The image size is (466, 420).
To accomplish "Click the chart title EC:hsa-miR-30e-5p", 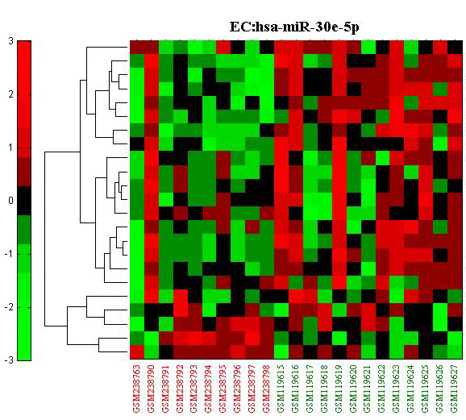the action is point(294,27).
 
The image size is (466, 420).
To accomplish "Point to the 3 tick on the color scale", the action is point(11,41).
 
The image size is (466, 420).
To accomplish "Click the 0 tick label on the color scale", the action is point(11,201).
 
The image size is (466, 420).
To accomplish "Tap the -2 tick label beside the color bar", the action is point(9,307).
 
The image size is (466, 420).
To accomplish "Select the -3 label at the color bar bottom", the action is point(9,360).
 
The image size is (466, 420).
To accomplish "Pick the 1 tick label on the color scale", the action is point(11,148).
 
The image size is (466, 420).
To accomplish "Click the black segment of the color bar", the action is point(24,201).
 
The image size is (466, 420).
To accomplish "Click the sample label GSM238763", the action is point(136,389).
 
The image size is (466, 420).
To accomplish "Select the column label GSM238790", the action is point(151,389).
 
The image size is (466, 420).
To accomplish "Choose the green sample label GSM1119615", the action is point(281,389).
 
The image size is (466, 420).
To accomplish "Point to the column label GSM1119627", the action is point(454,389).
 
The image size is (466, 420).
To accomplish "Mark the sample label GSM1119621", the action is point(368,389).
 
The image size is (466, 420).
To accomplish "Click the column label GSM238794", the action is point(209,389).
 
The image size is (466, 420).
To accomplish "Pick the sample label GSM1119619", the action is point(339,389).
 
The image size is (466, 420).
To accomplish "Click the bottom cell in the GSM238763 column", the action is point(137,352).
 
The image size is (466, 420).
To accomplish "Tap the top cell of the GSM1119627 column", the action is point(455,47).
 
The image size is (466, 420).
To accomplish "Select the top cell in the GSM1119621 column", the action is point(368,47).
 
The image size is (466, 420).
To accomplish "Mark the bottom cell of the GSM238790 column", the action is point(152,352).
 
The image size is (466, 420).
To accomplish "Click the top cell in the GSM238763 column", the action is point(137,47).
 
